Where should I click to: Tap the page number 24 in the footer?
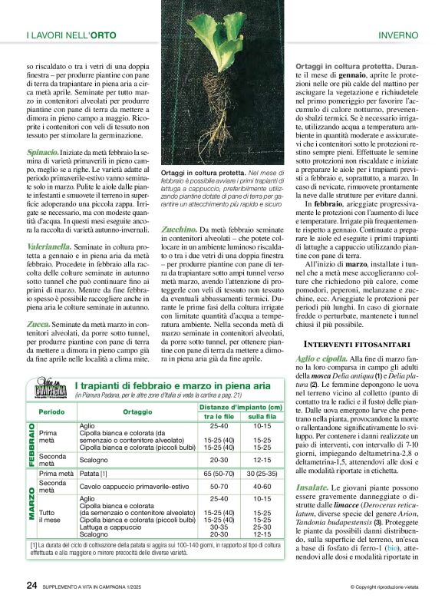click(x=31, y=585)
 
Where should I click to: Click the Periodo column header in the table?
click(x=51, y=411)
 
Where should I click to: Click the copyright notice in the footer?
click(x=383, y=587)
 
